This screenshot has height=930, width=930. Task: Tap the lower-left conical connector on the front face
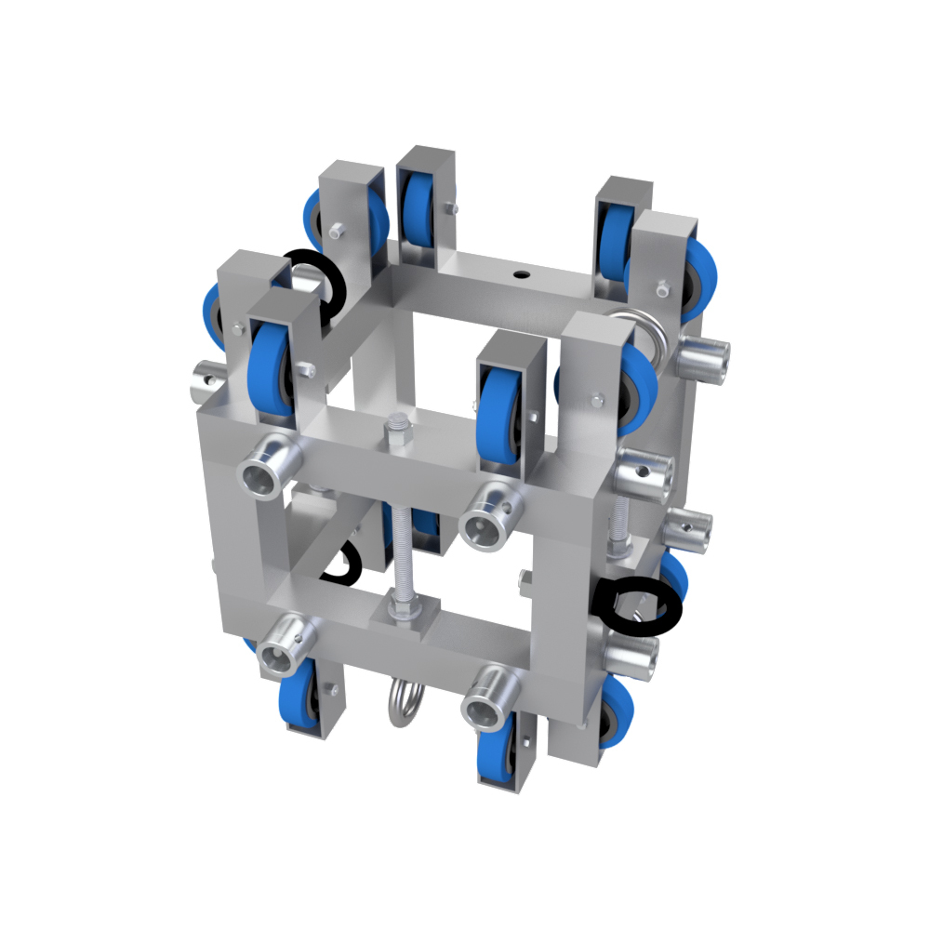point(285,645)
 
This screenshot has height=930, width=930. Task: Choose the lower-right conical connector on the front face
point(491,701)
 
